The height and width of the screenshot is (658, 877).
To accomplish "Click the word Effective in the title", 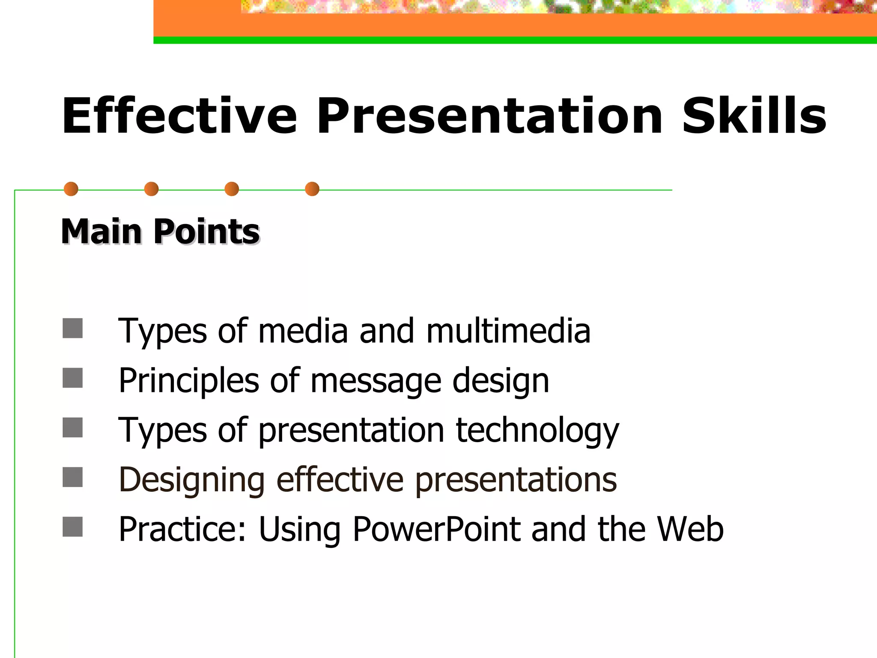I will pos(179,116).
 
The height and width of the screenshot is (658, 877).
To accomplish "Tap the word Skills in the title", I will pos(754,116).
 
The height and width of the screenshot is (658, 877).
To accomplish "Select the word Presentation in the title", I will pos(489,116).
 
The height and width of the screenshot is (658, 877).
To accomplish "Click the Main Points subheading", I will pos(160,232).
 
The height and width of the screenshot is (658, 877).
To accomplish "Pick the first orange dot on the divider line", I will pos(71,189).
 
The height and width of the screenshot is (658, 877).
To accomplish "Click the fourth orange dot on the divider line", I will pos(312,189).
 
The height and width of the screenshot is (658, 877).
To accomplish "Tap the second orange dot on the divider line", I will pos(152,189).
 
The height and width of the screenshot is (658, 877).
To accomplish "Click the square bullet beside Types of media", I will pos(72,328).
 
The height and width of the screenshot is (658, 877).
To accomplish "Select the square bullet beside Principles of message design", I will pos(72,378).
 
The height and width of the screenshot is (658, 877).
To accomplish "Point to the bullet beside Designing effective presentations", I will pos(72,477).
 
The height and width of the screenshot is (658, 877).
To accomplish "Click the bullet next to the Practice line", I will pos(72,527).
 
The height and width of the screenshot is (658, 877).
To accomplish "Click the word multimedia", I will pos(508,331).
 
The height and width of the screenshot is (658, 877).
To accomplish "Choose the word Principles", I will pos(189,381).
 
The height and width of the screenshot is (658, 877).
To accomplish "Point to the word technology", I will pos(537,431).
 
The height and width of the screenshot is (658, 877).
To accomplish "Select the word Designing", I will pos(192,480).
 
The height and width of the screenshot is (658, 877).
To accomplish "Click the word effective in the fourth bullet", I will pos(340,480).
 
